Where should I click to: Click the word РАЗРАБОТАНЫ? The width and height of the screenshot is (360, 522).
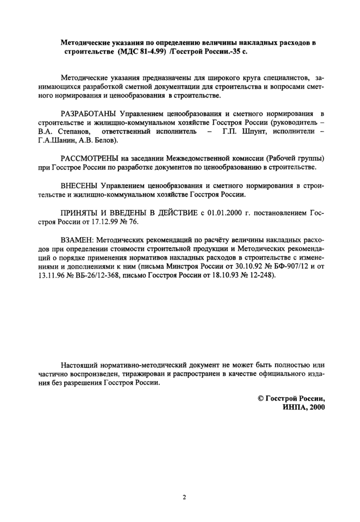[x=87, y=113]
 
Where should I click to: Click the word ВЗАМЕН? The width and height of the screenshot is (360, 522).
[x=77, y=240]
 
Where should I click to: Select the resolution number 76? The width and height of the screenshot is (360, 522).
[x=134, y=222]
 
